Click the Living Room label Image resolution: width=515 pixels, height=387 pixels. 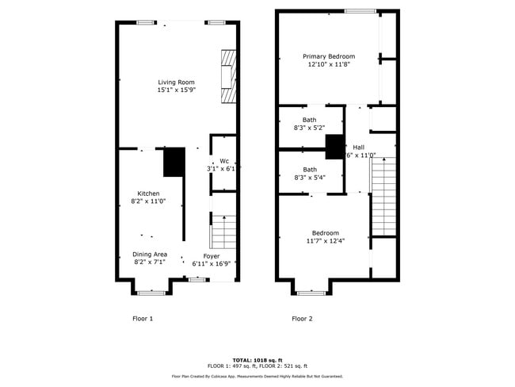pos(176,82)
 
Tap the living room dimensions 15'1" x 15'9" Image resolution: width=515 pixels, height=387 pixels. pos(176,90)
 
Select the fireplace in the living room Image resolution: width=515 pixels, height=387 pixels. pos(228,77)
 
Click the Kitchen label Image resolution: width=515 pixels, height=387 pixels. pos(148,193)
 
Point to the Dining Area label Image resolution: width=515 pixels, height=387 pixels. pos(149,254)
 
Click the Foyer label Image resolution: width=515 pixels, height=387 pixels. pos(212,256)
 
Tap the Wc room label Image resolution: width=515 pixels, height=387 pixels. pos(224,161)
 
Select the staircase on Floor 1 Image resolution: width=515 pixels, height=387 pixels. pos(223,232)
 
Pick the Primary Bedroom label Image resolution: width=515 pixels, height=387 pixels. pos(329,56)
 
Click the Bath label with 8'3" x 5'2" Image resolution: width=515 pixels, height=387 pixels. pos(309,120)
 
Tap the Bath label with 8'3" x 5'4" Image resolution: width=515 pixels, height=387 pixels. pos(309,170)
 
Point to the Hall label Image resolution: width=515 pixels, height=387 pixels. pos(359,148)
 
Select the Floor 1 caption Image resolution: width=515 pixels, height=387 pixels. pos(142,319)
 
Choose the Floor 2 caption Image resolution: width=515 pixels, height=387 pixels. pos(302,319)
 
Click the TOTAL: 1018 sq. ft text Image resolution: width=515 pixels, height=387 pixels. pos(257,359)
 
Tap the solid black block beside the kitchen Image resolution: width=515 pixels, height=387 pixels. pos(174,163)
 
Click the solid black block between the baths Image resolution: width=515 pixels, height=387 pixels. pos(335,148)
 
